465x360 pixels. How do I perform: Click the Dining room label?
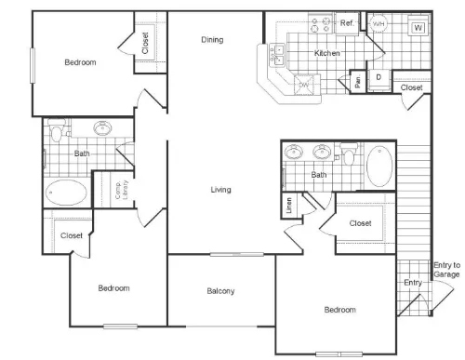[212, 40]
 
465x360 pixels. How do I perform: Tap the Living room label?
[220, 190]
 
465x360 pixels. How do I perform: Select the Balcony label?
[220, 291]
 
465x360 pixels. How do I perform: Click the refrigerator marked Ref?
[347, 23]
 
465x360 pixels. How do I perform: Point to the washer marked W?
[418, 28]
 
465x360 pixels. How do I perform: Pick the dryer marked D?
[379, 77]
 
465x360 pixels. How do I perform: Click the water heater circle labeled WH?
[379, 23]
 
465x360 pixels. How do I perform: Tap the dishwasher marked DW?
[304, 85]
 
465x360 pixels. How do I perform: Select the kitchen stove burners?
[321, 25]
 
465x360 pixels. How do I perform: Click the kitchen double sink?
[277, 55]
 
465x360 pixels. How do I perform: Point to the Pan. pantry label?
[357, 81]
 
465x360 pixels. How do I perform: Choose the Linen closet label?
[289, 206]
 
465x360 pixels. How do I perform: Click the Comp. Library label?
[121, 190]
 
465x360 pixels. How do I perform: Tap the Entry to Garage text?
[446, 270]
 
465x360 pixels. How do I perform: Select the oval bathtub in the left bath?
[66, 193]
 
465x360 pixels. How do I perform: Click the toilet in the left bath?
[57, 130]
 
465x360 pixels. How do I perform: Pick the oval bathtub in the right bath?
[379, 167]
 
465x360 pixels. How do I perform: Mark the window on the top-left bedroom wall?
[33, 65]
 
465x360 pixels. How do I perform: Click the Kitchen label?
[327, 53]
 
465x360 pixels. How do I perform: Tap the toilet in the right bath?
[349, 154]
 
